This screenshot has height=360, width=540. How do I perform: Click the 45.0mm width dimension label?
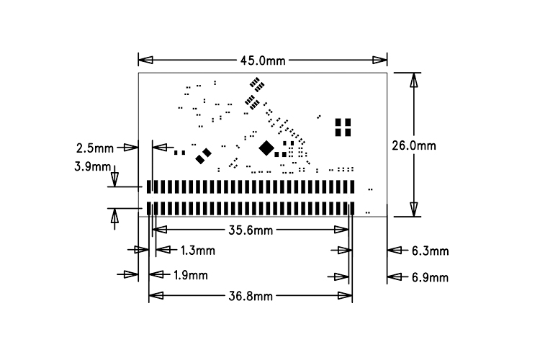click(263, 60)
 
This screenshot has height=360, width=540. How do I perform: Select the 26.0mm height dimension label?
click(414, 145)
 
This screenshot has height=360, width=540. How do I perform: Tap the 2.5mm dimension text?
click(95, 148)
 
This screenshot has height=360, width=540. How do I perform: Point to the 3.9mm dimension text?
click(93, 167)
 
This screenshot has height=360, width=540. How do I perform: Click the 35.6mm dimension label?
click(251, 230)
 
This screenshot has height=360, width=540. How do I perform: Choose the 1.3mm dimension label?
click(198, 251)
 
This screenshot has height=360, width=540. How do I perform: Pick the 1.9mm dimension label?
click(191, 275)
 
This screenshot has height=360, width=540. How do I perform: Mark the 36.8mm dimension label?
click(251, 296)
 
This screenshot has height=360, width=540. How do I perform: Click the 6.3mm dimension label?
click(430, 251)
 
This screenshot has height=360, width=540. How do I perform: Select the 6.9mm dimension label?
click(430, 277)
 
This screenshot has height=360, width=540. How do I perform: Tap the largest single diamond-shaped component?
click(266, 148)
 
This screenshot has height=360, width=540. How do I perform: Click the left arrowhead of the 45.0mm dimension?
click(145, 60)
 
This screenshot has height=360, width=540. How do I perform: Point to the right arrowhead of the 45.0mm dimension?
click(380, 60)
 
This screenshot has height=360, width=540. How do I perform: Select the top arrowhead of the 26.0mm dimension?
click(414, 80)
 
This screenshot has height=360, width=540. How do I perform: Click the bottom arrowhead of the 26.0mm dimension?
click(414, 210)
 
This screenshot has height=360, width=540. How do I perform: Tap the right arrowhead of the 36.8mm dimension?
click(345, 295)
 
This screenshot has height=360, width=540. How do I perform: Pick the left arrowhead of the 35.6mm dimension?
click(159, 230)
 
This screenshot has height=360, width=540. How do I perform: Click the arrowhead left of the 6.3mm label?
click(394, 250)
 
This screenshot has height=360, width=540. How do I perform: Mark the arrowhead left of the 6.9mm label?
click(394, 276)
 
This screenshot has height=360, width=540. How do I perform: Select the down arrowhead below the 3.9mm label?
click(114, 179)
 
